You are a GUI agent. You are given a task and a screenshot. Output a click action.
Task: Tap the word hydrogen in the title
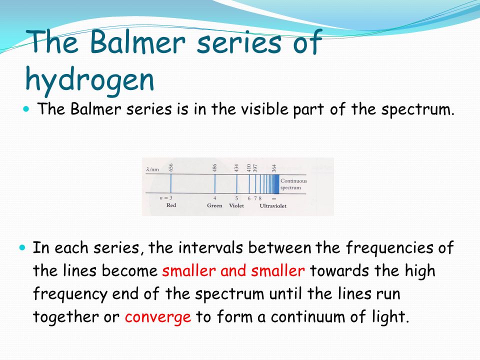[x=90, y=80]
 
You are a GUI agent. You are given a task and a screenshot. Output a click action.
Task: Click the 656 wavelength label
[x=171, y=167]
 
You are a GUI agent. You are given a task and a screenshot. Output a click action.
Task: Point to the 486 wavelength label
[x=215, y=168]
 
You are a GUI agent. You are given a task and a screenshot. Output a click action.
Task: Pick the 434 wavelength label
[x=236, y=168]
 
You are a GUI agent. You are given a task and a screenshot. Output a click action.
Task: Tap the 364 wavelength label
[x=274, y=168]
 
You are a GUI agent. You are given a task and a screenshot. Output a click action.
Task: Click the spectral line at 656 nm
[x=171, y=183]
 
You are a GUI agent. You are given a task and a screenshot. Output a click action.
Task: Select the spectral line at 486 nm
[x=215, y=183]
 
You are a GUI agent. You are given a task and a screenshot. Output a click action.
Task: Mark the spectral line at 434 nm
[x=236, y=183]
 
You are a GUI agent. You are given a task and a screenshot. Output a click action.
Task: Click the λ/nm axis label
[x=152, y=169]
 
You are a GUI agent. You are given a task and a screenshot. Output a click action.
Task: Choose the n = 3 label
[x=166, y=198]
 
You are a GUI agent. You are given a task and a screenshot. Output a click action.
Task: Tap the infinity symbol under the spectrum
[x=274, y=198]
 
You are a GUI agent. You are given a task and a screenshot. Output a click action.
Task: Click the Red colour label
[x=171, y=205]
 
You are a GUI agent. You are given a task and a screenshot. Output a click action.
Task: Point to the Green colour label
[x=214, y=205]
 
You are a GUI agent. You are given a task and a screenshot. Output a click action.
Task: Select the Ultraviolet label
[x=273, y=205]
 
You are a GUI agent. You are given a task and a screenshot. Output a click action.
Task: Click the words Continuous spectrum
[x=293, y=184]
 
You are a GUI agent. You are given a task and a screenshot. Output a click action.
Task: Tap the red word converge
[x=158, y=317]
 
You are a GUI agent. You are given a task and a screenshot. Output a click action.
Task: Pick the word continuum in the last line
[x=307, y=316]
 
